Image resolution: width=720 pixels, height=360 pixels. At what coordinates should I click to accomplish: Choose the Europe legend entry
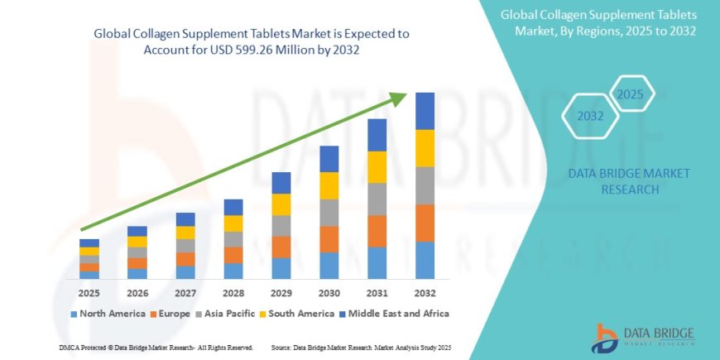pyautogui.click(x=170, y=314)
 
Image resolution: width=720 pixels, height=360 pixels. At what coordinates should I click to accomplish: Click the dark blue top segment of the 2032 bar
pyautogui.click(x=425, y=111)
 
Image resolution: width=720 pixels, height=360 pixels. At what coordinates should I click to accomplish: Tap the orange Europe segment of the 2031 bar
pyautogui.click(x=377, y=231)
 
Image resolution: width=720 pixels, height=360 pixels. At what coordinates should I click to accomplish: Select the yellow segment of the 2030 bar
pyautogui.click(x=329, y=185)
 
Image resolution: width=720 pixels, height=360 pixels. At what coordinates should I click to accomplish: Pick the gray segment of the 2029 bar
pyautogui.click(x=281, y=226)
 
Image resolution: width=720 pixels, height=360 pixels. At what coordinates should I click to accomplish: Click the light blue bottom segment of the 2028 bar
pyautogui.click(x=233, y=271)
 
